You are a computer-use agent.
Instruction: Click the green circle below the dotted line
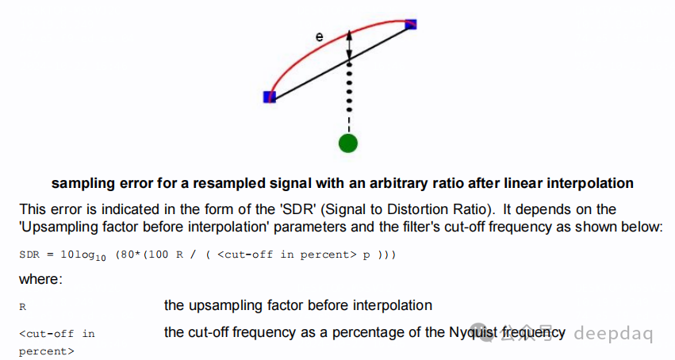click(x=347, y=143)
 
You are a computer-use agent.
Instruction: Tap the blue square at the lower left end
click(x=269, y=97)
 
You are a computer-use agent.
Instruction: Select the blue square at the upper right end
click(x=411, y=25)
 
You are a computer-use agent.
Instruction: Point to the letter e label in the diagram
click(x=319, y=36)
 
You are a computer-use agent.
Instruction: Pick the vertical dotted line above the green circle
click(x=348, y=99)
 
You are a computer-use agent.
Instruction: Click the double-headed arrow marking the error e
click(x=349, y=46)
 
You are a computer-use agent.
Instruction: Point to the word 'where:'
click(x=39, y=280)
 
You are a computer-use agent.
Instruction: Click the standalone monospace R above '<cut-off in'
click(x=22, y=306)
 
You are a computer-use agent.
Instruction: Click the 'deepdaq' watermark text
click(x=613, y=334)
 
